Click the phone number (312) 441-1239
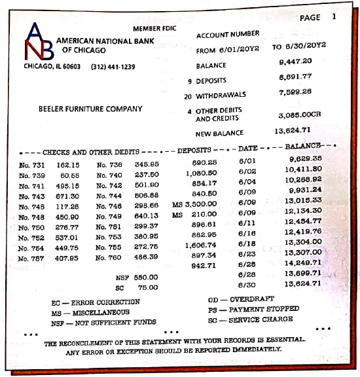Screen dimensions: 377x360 pos(113,67)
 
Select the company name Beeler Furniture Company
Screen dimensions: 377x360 pos(90,109)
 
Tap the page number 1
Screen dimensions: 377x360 pos(334,17)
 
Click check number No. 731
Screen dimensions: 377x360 pos(33,165)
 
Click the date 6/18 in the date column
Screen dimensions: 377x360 pos(247,244)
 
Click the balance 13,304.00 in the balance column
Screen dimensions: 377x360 pos(303,242)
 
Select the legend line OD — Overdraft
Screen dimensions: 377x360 pos(241,299)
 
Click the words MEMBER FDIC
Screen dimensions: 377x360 pos(154,29)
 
